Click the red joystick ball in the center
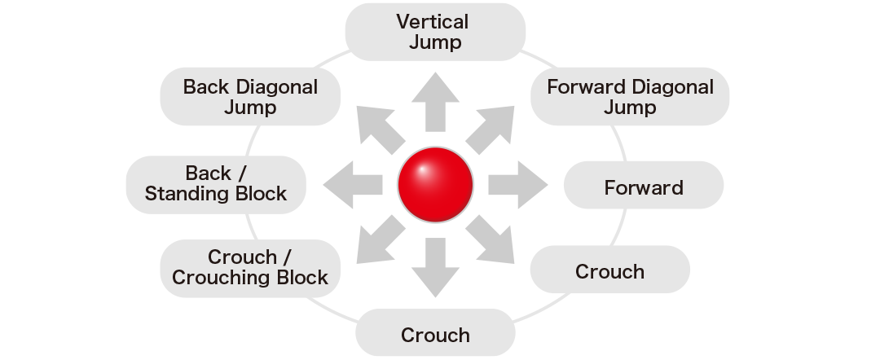pos(436,185)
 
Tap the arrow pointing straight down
pos(436,266)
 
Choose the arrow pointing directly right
pos(518,185)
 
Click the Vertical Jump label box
pos(435,31)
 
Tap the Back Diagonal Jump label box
pos(250,96)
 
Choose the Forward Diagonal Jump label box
pos(630,96)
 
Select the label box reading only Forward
pos(643,188)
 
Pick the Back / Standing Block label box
pos(216,183)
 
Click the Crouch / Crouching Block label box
pos(249,267)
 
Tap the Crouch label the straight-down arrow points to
pos(435,335)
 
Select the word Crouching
pos(221,278)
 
